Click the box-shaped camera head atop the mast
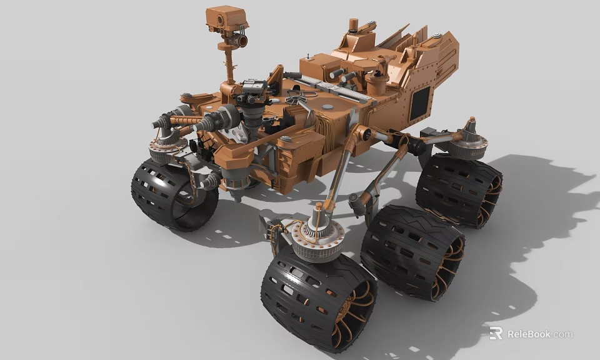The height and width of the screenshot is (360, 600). [x=226, y=18]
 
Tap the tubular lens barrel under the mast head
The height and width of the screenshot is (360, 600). [x=236, y=41]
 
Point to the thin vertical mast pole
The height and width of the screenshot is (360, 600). [x=229, y=66]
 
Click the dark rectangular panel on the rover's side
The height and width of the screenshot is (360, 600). [x=419, y=103]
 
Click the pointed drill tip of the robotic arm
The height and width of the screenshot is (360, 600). [x=156, y=124]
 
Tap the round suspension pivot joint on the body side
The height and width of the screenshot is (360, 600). [x=364, y=134]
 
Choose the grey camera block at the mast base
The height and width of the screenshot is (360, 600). [x=254, y=87]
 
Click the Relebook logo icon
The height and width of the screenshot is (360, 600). [x=496, y=333]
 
